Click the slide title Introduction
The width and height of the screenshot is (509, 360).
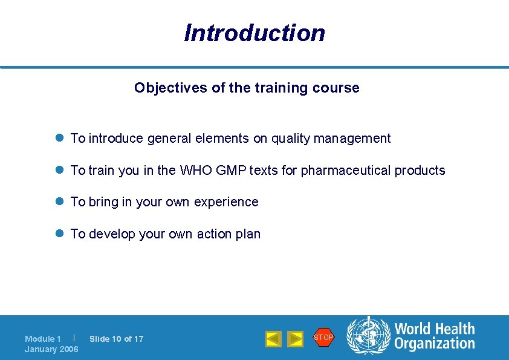click(x=254, y=33)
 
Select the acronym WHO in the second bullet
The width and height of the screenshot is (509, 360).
click(x=196, y=171)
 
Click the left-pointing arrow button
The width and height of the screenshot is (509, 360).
click(x=273, y=339)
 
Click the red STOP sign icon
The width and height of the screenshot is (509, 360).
click(x=323, y=337)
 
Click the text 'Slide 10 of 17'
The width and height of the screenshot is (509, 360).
click(x=116, y=339)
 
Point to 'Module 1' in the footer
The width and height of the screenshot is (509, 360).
click(x=42, y=339)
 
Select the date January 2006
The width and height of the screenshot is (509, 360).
click(x=51, y=349)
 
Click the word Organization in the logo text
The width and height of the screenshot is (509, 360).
click(x=435, y=344)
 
